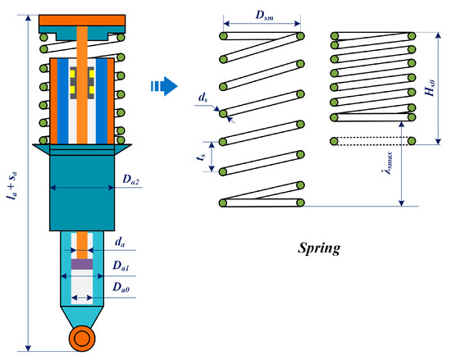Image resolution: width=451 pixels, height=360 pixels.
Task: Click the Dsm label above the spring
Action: pos(262,16)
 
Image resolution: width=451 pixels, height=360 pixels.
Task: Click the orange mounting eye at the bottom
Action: pos(82,337)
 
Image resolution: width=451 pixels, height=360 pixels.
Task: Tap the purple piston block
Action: pos(82,265)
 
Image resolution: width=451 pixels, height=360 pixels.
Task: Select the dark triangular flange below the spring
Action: pos(82,148)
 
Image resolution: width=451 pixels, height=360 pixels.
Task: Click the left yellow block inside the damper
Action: pos(71,80)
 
